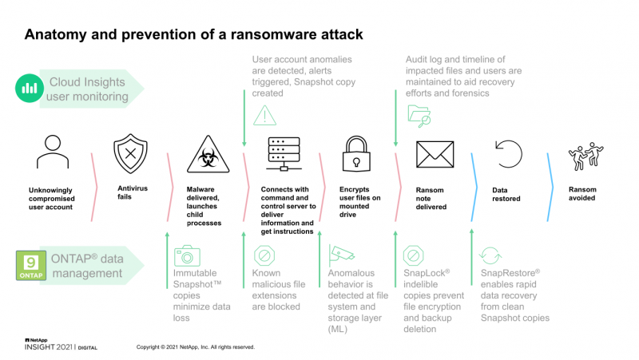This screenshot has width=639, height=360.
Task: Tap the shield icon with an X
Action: [130, 153]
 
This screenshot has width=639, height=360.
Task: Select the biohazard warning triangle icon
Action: [208, 154]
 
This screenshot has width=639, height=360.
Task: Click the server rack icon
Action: [284, 154]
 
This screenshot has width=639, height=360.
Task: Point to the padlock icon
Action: [356, 154]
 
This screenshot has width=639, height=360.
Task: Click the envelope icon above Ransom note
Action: [435, 154]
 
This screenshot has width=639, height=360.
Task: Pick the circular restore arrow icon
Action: [509, 154]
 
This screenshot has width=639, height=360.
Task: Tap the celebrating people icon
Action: [586, 156]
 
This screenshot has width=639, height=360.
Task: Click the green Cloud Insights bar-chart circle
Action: [30, 88]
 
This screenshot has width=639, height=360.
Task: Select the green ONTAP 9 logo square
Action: [31, 266]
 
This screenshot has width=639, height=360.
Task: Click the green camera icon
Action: [187, 255]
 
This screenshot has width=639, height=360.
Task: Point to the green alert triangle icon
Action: [265, 115]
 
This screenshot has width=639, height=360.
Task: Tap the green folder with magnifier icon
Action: [419, 116]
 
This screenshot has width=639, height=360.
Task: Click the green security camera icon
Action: [342, 255]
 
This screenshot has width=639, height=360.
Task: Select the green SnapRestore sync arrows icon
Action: [490, 255]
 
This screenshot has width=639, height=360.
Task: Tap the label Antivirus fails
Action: [133, 192]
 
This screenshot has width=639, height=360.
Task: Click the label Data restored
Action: [506, 194]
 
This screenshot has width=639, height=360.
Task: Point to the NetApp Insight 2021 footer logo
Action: [61, 344]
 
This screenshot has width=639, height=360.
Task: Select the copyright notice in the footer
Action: [196, 347]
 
